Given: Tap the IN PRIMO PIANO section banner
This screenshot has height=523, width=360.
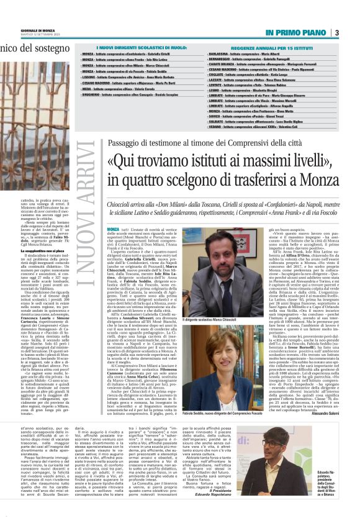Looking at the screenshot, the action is (x=296, y=32).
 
